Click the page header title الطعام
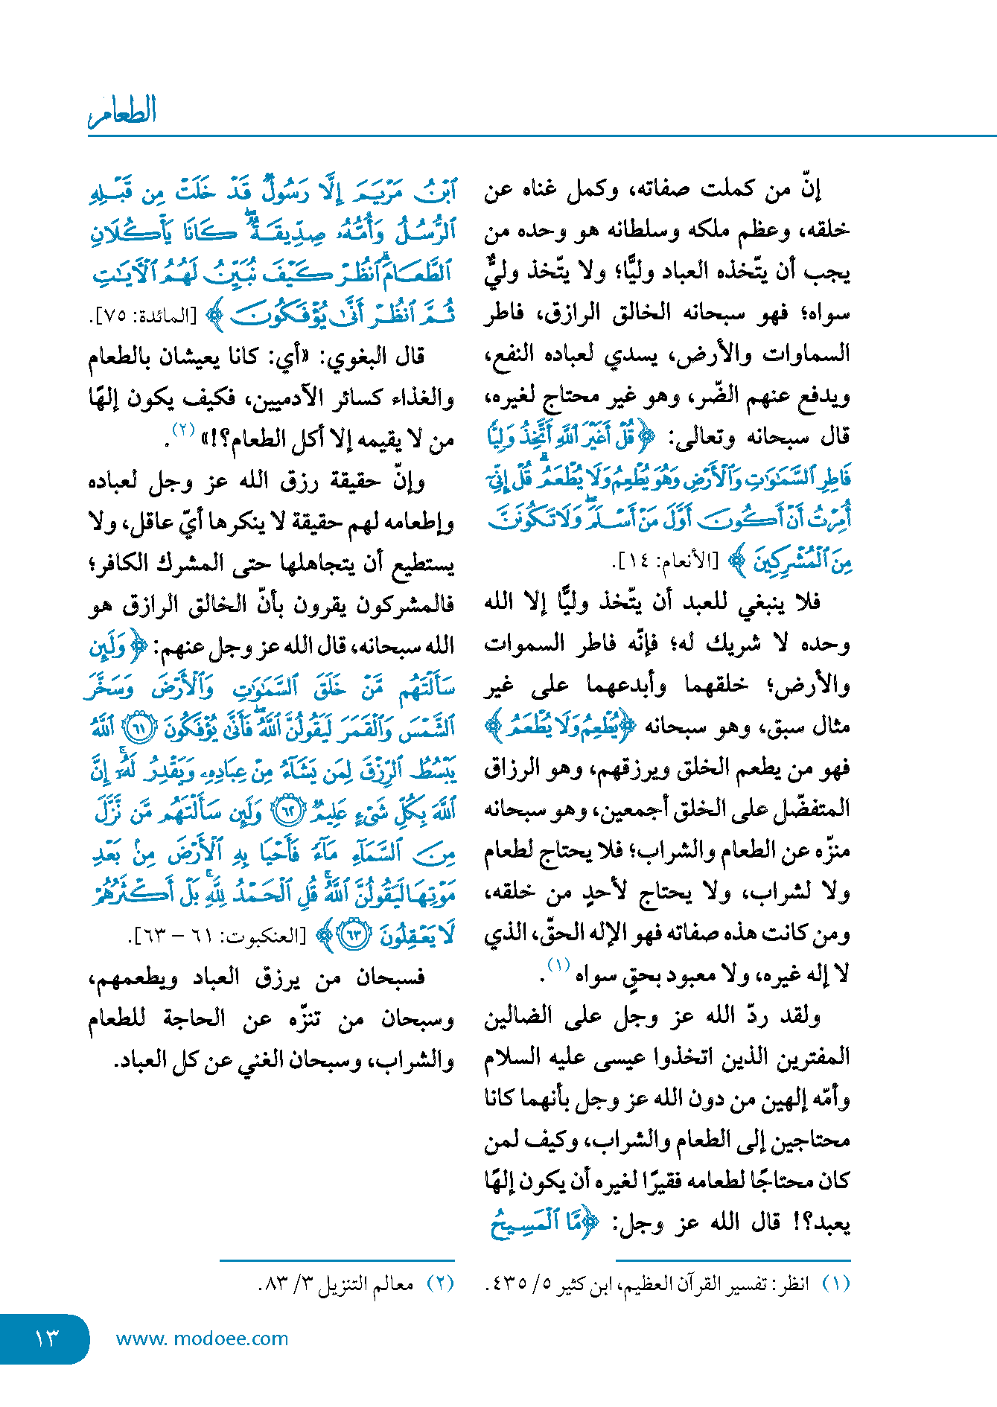click(122, 112)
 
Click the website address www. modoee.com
click(202, 1339)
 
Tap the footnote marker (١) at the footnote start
click(836, 1283)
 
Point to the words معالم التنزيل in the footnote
click(366, 1283)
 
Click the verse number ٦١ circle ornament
click(138, 728)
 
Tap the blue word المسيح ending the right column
click(525, 1222)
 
